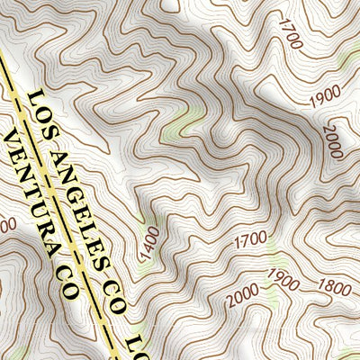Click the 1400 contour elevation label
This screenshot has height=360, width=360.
(149, 244)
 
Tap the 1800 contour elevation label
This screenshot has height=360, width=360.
(335, 288)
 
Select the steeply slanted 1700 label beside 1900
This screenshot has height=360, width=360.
(289, 35)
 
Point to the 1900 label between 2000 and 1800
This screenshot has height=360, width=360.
(283, 280)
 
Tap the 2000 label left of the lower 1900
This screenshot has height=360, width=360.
(243, 296)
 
